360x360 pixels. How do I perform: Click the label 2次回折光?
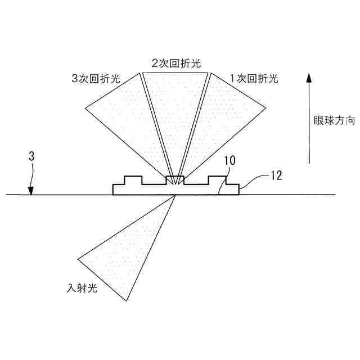[x=175, y=64]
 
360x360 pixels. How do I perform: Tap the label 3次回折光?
[x=96, y=79]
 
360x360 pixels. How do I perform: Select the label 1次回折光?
[x=255, y=79]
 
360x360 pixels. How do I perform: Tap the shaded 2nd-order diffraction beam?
[x=175, y=112]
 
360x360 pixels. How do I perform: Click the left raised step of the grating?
[x=133, y=180]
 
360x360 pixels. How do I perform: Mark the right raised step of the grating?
[x=217, y=180]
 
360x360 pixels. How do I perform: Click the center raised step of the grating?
[x=175, y=180]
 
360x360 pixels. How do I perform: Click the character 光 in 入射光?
[x=93, y=289]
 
